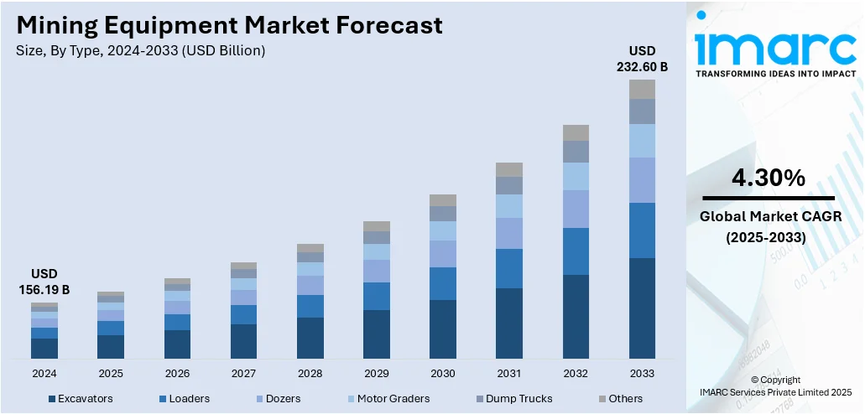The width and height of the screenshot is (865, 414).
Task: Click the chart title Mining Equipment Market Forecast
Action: [229, 26]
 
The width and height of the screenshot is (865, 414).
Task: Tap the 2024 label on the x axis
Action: [44, 373]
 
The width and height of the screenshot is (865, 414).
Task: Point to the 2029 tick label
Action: [377, 373]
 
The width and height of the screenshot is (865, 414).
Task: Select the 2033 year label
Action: [642, 373]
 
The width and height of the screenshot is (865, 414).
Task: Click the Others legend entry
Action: [620, 398]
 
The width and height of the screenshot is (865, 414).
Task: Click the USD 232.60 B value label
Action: [642, 59]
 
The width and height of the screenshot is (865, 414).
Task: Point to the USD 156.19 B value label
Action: [44, 282]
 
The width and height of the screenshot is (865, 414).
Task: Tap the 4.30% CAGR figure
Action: [768, 178]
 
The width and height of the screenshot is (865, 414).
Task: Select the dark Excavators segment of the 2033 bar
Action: [642, 308]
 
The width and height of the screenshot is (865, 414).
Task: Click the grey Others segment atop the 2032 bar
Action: [576, 132]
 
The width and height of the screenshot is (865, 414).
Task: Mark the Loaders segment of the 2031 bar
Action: [509, 268]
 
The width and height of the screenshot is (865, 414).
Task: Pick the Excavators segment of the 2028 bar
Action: [310, 339]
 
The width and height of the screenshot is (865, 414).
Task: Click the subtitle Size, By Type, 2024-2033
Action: [140, 51]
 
